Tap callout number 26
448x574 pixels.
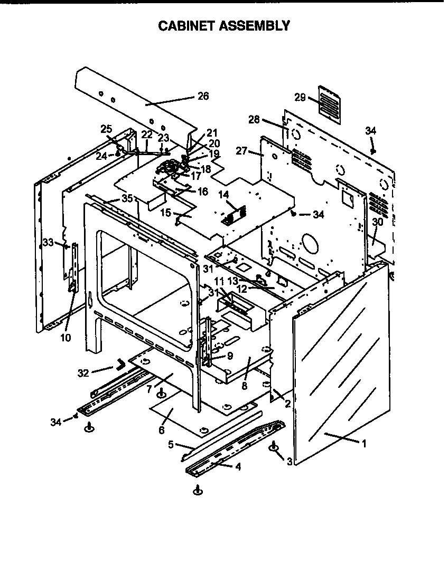[203, 96]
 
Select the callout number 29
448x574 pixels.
[300, 98]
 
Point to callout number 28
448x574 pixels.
[255, 120]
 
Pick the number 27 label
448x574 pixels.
[241, 151]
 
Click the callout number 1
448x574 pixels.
[363, 443]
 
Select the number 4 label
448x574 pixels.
[239, 466]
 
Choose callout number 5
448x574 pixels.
[171, 445]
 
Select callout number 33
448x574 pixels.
[48, 243]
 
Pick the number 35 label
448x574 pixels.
[127, 198]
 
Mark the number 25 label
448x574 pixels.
[107, 129]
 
